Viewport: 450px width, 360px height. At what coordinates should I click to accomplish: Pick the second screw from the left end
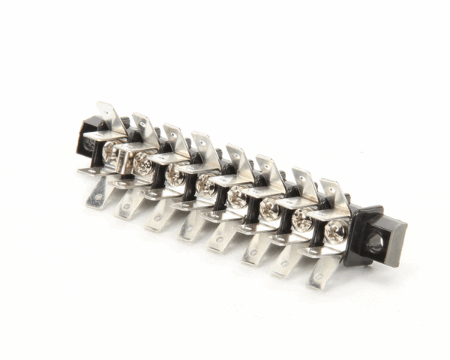(142, 163)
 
